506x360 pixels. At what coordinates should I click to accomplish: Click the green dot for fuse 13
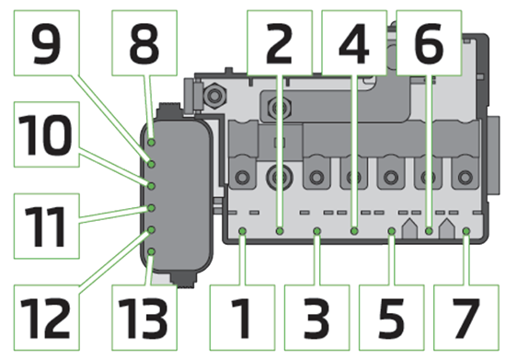coord(150,249)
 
